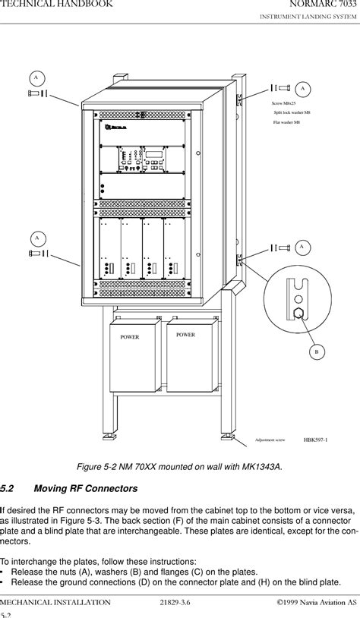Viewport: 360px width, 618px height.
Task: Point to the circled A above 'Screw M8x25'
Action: pyautogui.click(x=303, y=88)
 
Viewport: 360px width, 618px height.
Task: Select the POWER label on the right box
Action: pyautogui.click(x=185, y=335)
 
